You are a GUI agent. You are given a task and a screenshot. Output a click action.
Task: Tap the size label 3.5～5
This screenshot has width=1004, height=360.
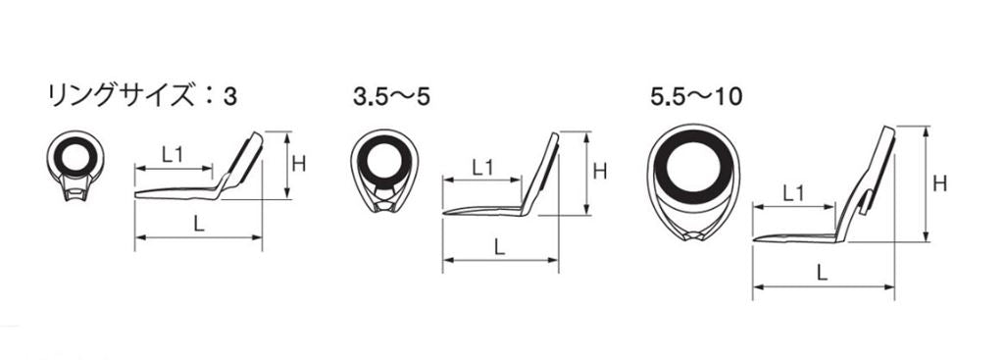pyautogui.click(x=390, y=96)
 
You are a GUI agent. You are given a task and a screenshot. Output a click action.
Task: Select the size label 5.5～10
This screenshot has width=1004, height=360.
pyautogui.click(x=695, y=96)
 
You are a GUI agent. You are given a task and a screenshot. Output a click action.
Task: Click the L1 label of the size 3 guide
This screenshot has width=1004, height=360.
pyautogui.click(x=172, y=154)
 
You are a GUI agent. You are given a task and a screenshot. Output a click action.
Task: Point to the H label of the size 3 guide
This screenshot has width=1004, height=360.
pyautogui.click(x=298, y=165)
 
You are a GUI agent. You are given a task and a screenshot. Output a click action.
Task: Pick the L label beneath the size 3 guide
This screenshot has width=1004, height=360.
pyautogui.click(x=198, y=224)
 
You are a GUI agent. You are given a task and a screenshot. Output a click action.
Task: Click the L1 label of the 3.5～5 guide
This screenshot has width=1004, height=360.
pyautogui.click(x=482, y=167)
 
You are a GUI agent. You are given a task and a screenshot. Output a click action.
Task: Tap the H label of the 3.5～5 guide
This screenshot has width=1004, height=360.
pyautogui.click(x=599, y=172)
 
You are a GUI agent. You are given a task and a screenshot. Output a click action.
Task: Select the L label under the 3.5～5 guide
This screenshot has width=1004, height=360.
pyautogui.click(x=500, y=246)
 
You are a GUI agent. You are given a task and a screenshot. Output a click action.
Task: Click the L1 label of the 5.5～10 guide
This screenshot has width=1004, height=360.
pyautogui.click(x=793, y=193)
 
